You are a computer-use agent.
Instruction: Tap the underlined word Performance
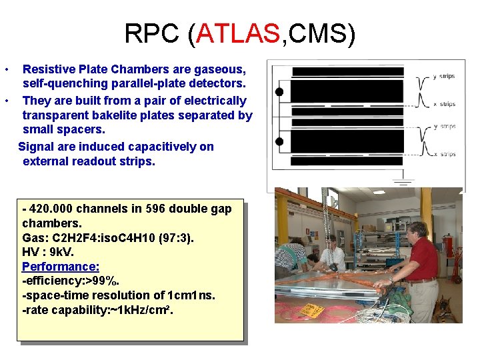click(61, 267)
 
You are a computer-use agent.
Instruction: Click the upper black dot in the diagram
click(279, 91)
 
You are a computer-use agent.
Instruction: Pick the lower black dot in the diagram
click(279, 141)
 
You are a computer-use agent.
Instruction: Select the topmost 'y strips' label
click(444, 76)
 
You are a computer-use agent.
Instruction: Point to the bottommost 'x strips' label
click(444, 155)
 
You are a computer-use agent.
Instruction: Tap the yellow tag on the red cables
click(311, 310)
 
